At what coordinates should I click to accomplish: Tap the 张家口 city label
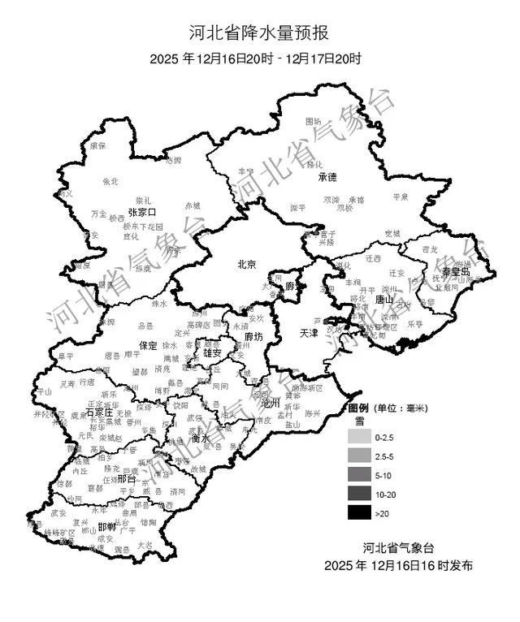pyautogui.click(x=141, y=211)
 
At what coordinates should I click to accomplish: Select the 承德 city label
pyautogui.click(x=327, y=177)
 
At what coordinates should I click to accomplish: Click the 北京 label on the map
pyautogui.click(x=246, y=264)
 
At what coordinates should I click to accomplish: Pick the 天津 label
pyautogui.click(x=310, y=333)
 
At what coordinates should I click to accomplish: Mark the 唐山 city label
pyautogui.click(x=384, y=300)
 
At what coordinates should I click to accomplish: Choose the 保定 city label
pyautogui.click(x=149, y=345)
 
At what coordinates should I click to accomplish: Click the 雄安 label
pyautogui.click(x=213, y=353)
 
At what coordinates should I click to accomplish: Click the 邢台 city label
pyautogui.click(x=126, y=479)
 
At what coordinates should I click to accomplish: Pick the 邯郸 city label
pyautogui.click(x=106, y=526)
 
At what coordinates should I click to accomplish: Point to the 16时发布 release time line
pyautogui.click(x=398, y=565)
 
